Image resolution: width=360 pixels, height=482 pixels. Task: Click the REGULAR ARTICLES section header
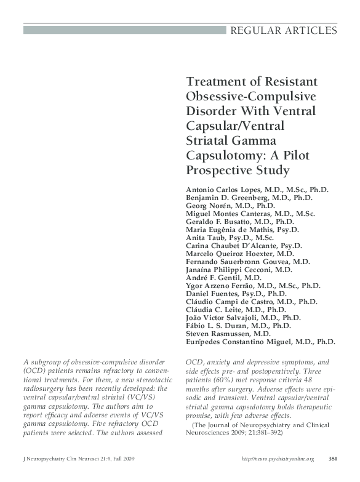click(284, 30)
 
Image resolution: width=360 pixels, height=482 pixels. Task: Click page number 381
click(332, 459)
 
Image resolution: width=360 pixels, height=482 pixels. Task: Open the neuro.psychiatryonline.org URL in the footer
click(278, 459)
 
